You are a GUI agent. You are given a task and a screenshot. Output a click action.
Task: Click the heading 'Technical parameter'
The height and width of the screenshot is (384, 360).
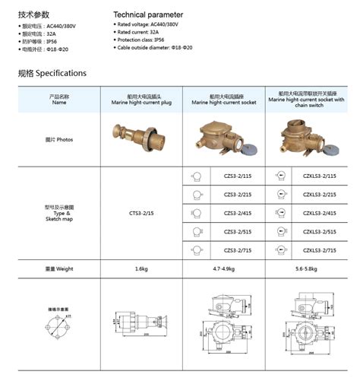[150, 14]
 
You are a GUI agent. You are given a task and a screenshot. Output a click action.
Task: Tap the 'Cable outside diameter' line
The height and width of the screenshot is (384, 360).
[154, 48]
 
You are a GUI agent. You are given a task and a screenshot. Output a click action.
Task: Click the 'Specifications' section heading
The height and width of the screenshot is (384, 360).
[52, 74]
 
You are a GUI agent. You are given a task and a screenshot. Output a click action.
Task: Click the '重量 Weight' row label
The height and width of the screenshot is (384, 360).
[59, 268]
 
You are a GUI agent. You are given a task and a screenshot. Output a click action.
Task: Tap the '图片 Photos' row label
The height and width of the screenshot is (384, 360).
[59, 140]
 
